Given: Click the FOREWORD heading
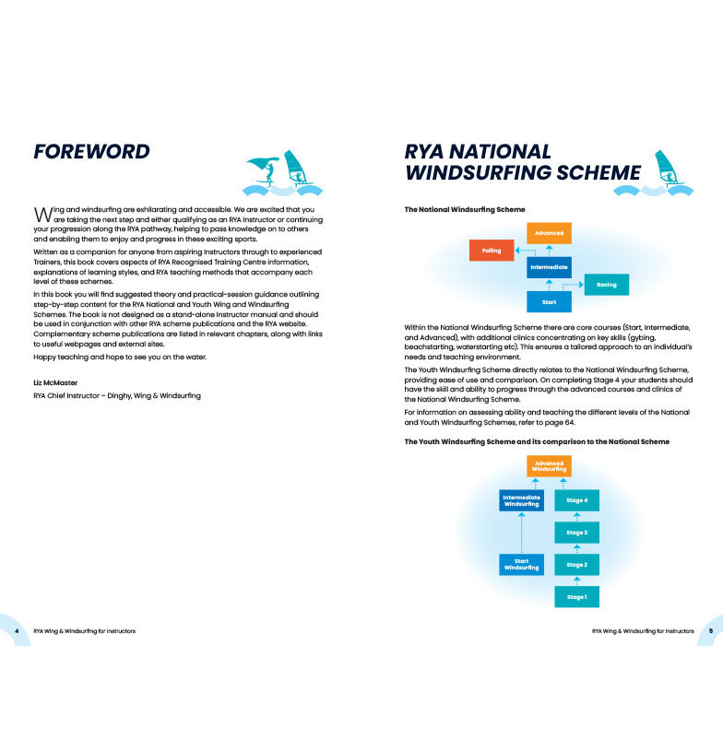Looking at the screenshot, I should click(x=91, y=152).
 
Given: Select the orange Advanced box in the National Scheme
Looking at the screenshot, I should click(x=550, y=233).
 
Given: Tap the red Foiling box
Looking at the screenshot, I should click(x=492, y=250).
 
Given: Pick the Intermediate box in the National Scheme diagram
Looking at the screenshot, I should click(x=550, y=267).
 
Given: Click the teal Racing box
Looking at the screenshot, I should click(x=607, y=285).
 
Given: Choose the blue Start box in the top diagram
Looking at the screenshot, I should click(x=550, y=302).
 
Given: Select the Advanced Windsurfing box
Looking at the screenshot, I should click(x=550, y=466).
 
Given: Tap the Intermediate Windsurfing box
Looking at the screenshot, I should click(x=521, y=500).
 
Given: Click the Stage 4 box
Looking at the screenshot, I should click(x=576, y=500).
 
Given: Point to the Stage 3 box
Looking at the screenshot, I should click(x=576, y=533).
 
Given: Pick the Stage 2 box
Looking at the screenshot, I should click(x=576, y=565).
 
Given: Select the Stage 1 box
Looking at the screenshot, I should click(x=576, y=597).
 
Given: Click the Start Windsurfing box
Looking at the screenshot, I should click(x=521, y=565).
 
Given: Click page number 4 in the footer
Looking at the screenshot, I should click(x=18, y=631).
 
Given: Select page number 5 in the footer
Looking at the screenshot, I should click(x=710, y=631).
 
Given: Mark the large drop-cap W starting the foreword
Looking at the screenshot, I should click(x=41, y=213).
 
